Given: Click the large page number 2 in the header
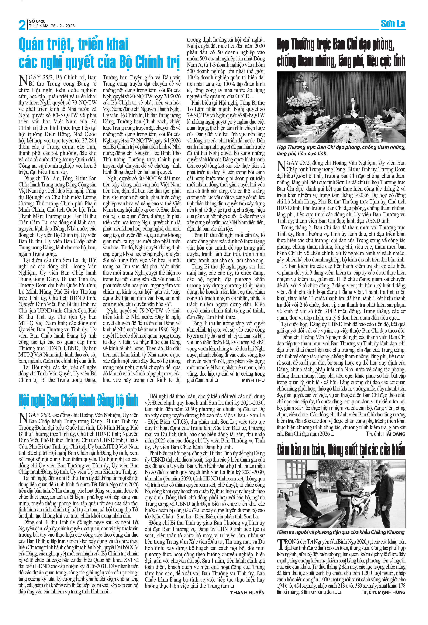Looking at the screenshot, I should (x=22, y=25).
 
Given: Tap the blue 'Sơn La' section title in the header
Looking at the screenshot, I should (x=393, y=24).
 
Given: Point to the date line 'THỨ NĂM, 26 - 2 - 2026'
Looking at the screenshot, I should (x=52, y=26).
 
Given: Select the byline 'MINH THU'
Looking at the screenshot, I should (x=253, y=380).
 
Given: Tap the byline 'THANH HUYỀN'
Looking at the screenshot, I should (x=247, y=593).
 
